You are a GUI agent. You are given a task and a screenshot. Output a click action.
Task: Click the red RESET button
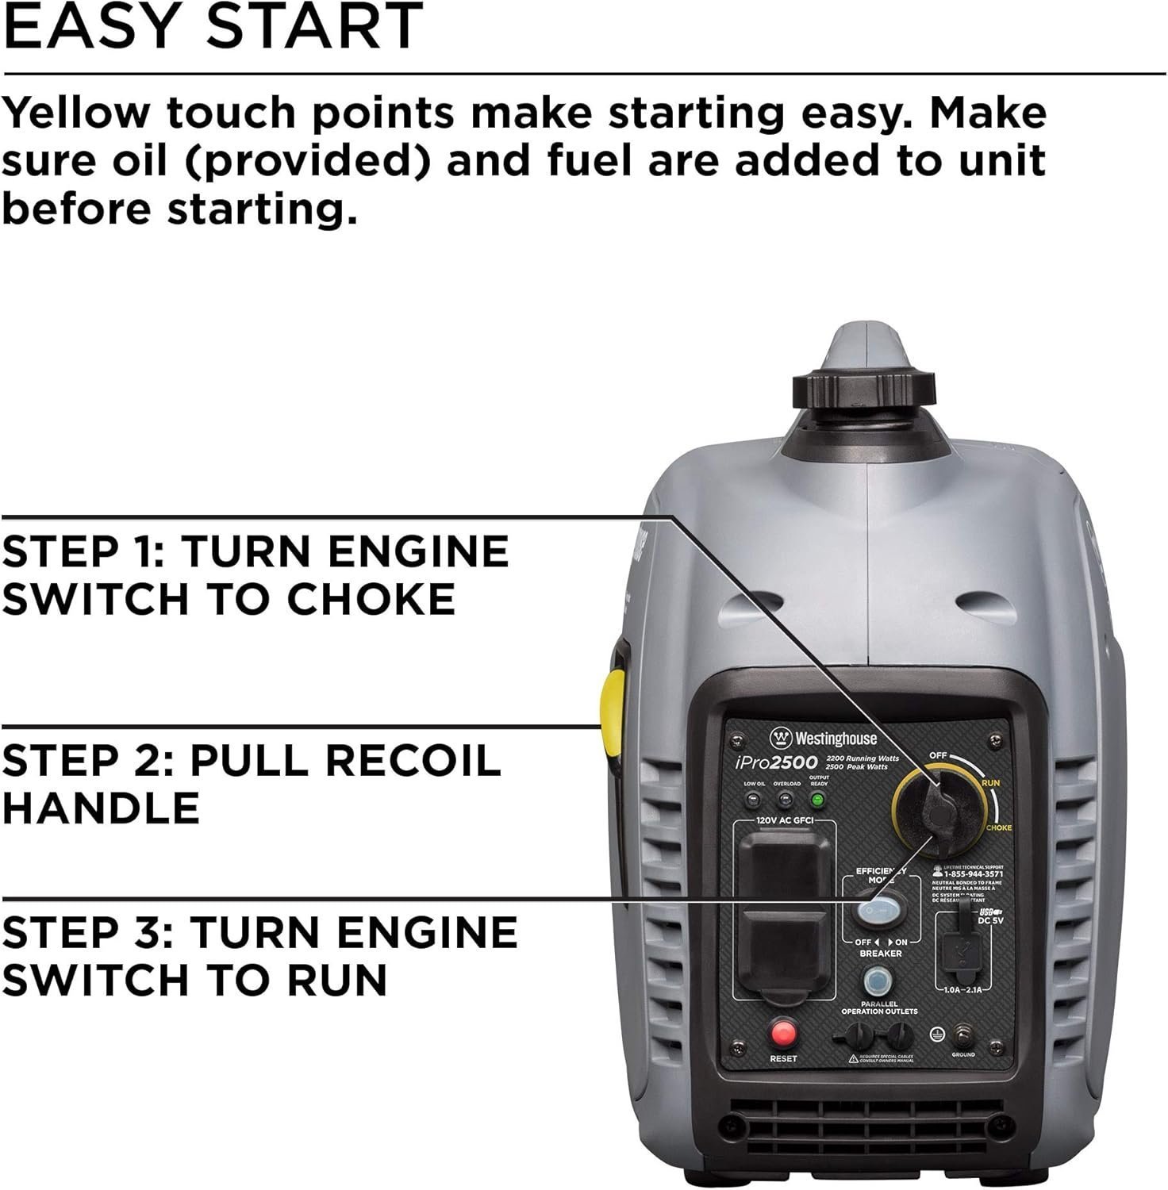pyautogui.click(x=784, y=1032)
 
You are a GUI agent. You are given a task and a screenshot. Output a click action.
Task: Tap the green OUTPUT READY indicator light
pyautogui.click(x=816, y=800)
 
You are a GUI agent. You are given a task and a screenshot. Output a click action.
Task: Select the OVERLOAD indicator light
pyautogui.click(x=786, y=800)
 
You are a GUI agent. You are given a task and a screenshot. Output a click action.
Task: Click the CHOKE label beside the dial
pyautogui.click(x=998, y=827)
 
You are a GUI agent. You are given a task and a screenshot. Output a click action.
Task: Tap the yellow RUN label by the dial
pyautogui.click(x=990, y=782)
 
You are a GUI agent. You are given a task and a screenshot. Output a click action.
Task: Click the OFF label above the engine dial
pyautogui.click(x=938, y=755)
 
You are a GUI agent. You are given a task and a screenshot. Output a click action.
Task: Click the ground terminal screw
pyautogui.click(x=963, y=1035)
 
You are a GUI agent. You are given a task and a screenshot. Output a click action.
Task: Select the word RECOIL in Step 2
pyautogui.click(x=413, y=760)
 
